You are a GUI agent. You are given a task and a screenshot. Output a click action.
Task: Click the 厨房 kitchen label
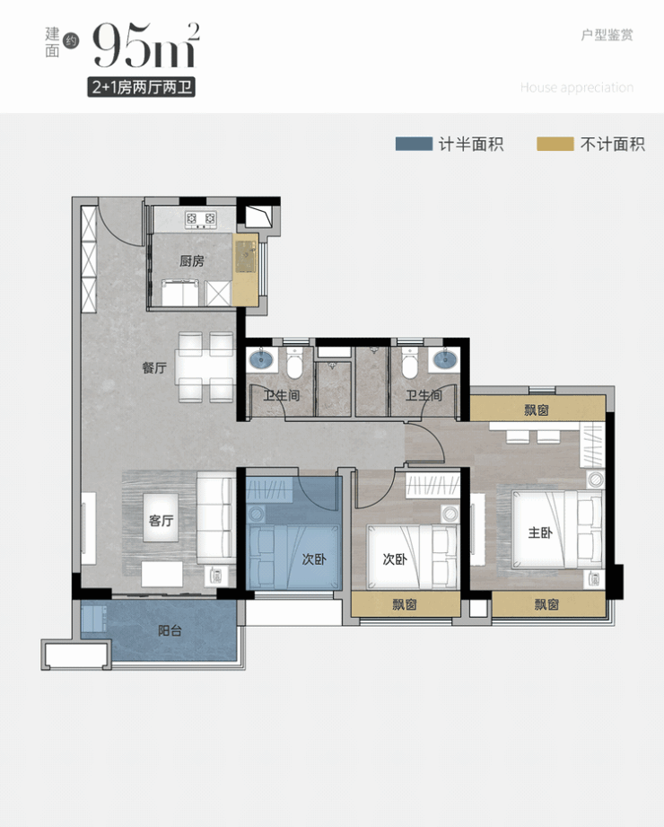click(192, 260)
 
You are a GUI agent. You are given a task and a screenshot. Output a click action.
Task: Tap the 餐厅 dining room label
click(154, 367)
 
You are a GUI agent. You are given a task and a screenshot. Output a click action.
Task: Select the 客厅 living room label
click(162, 521)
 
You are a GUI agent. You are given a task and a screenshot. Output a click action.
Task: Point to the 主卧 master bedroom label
click(540, 532)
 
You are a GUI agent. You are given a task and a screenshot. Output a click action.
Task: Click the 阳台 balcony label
click(170, 630)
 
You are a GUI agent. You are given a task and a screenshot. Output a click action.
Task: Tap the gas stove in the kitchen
click(201, 219)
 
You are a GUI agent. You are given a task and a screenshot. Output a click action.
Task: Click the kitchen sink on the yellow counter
click(246, 256)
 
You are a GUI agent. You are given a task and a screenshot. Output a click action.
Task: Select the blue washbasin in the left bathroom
click(261, 360)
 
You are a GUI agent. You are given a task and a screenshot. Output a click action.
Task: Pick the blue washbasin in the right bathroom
click(445, 360)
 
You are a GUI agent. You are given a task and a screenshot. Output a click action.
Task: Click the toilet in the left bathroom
click(294, 363)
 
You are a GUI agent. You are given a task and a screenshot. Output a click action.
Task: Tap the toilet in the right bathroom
click(411, 363)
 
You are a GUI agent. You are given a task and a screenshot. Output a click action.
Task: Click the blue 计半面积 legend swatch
click(414, 144)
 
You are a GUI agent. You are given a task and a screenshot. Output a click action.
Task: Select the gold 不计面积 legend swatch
click(555, 144)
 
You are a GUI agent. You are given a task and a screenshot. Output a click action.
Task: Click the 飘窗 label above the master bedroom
click(537, 409)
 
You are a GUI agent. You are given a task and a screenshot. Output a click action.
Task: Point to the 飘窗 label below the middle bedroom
click(404, 604)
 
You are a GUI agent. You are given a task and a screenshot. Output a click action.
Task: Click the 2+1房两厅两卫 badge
click(141, 87)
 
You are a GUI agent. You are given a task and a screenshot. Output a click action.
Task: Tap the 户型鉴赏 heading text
click(607, 35)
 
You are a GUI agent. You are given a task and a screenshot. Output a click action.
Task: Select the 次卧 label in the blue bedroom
click(314, 559)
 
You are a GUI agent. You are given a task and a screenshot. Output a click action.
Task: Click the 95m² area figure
click(146, 45)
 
